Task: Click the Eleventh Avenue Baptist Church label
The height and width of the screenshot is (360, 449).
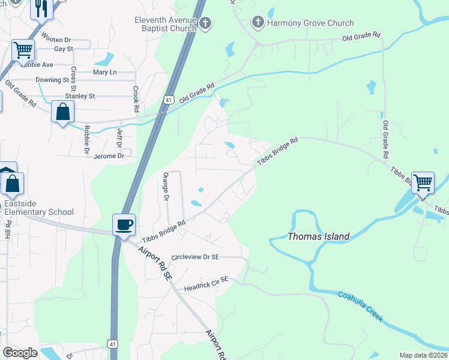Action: [165, 23]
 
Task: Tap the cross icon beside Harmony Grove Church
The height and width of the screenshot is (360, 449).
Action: [258, 23]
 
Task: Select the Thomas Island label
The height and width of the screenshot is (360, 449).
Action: [318, 236]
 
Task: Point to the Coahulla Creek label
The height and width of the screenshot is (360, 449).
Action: [360, 306]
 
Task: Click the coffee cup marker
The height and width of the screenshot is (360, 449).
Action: [124, 226]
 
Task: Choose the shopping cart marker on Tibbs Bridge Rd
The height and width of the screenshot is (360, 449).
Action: [423, 181]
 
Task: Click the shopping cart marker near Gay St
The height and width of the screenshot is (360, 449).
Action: [23, 50]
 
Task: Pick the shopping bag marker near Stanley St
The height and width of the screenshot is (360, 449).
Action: [63, 112]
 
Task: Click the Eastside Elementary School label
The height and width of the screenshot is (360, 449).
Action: [39, 208]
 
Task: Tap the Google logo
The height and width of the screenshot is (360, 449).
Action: [19, 353]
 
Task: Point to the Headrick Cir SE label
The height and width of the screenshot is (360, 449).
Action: [206, 279]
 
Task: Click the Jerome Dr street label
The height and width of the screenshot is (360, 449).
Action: [109, 155]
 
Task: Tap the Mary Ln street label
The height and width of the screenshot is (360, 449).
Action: [105, 72]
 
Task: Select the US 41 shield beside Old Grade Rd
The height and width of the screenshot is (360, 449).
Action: [170, 100]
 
